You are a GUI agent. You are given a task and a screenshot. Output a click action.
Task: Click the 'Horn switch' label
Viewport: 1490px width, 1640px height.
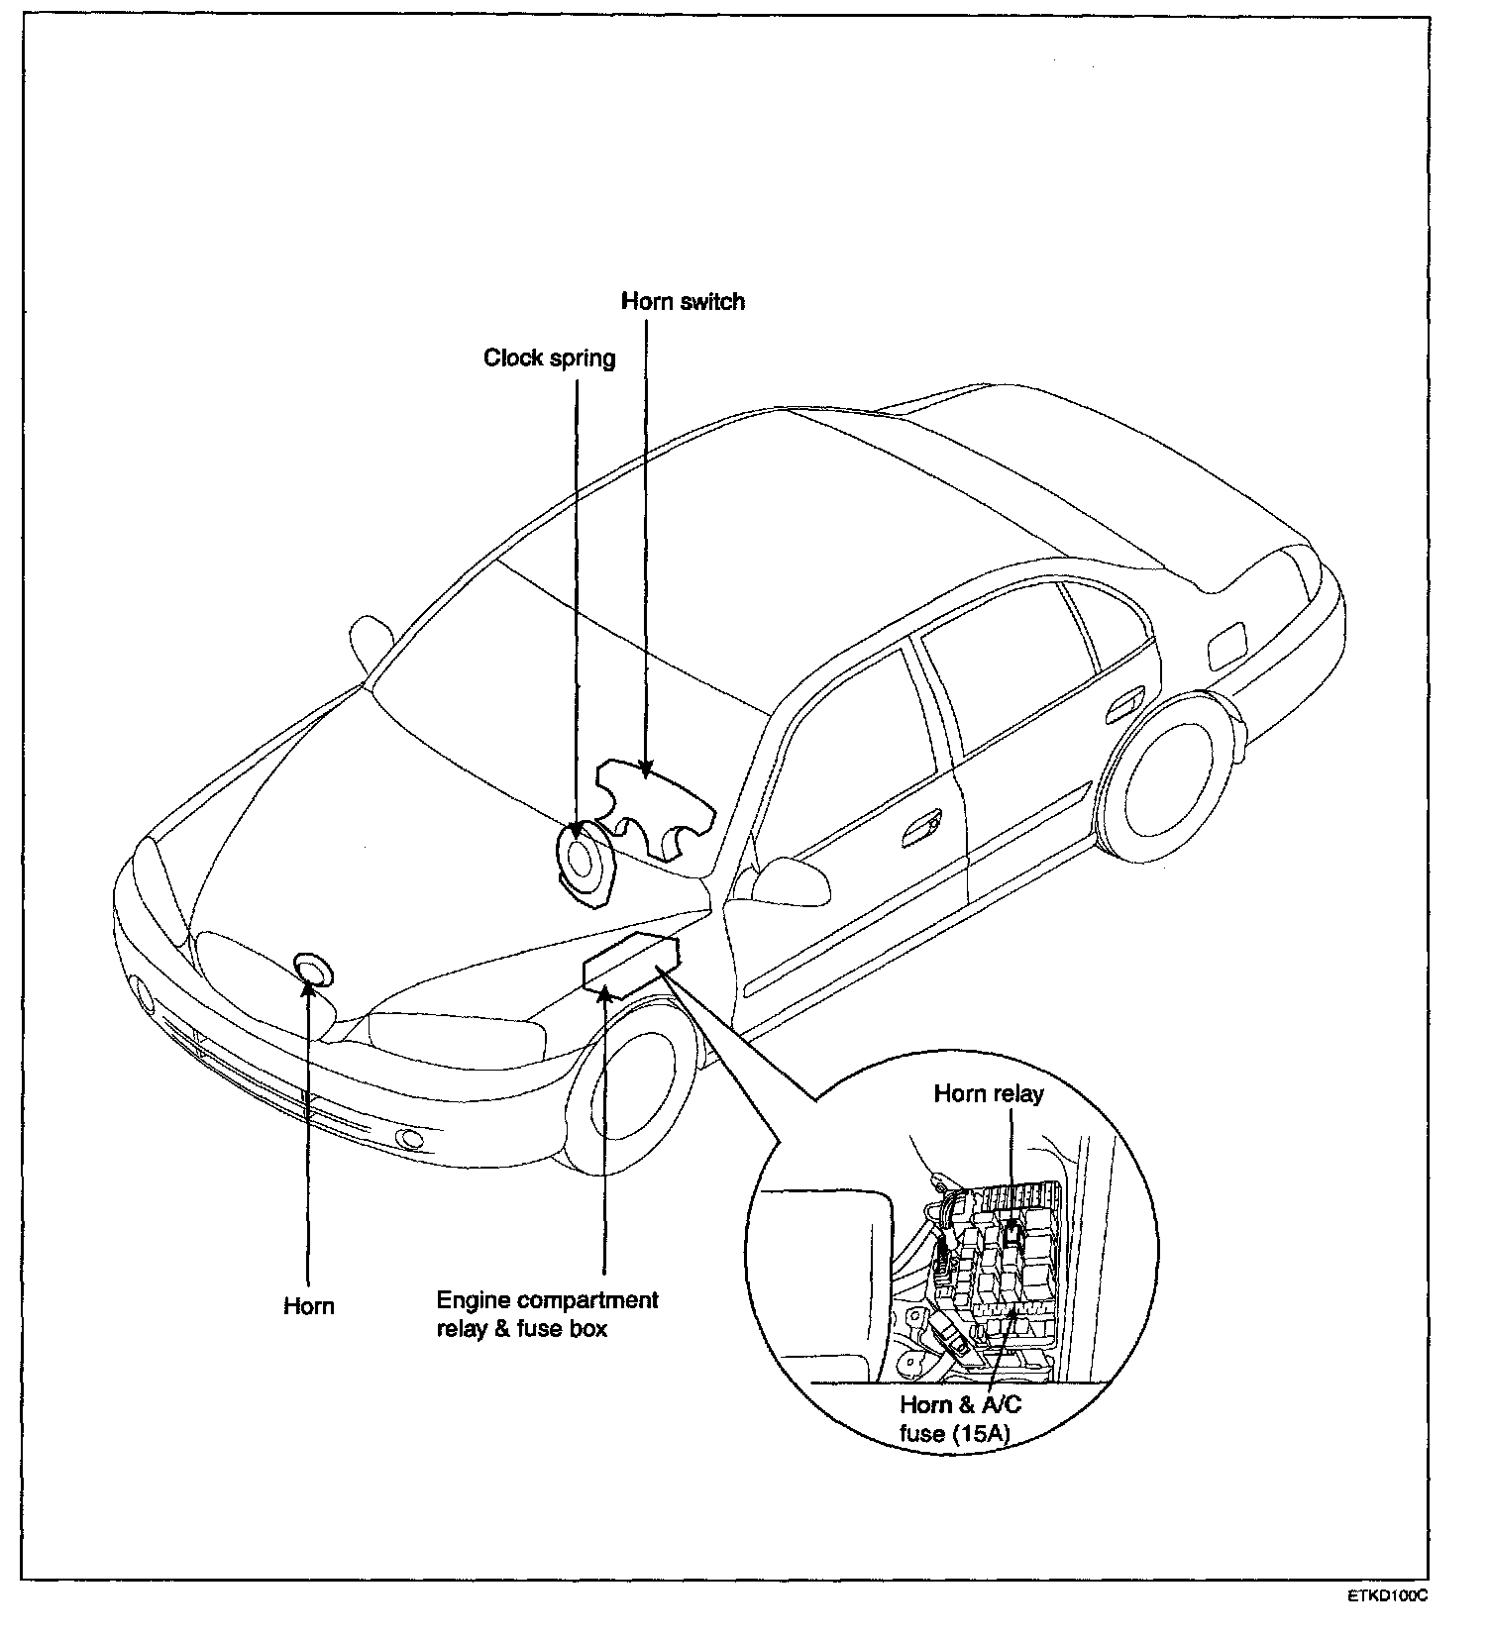683,301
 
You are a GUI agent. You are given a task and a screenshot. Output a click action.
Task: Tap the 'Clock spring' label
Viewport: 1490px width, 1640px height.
549,358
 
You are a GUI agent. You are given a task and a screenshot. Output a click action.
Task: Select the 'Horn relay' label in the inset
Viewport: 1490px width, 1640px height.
988,1093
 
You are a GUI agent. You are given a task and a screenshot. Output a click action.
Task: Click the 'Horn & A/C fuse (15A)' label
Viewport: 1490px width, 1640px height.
960,1418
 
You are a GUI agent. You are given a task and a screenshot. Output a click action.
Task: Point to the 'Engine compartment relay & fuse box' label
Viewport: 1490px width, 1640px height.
547,1313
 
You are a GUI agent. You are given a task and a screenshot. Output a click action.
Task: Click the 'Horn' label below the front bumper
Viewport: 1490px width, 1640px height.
309,1305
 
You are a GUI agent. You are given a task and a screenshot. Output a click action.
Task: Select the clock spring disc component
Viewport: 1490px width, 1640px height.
582,855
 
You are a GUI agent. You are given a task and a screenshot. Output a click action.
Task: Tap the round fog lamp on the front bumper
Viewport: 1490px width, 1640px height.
407,1138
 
